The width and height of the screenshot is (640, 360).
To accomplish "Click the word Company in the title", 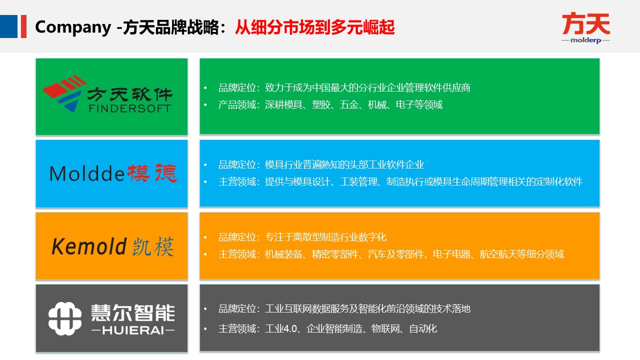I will pos(72,27).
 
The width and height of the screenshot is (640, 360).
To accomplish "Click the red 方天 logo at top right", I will pos(585,23).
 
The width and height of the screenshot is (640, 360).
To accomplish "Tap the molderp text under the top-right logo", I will pos(585,40).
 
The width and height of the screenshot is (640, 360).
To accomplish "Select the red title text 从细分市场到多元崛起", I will pos(315,27).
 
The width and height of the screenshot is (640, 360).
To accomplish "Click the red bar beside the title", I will pos(23,26).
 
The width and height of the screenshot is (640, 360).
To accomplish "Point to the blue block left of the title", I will pos(8,26).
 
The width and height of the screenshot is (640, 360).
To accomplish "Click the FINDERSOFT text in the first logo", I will pos(129,108).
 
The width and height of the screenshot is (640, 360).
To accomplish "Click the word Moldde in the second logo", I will pos(86,173).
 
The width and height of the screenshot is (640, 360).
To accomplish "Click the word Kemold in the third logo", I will pos(88,246).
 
